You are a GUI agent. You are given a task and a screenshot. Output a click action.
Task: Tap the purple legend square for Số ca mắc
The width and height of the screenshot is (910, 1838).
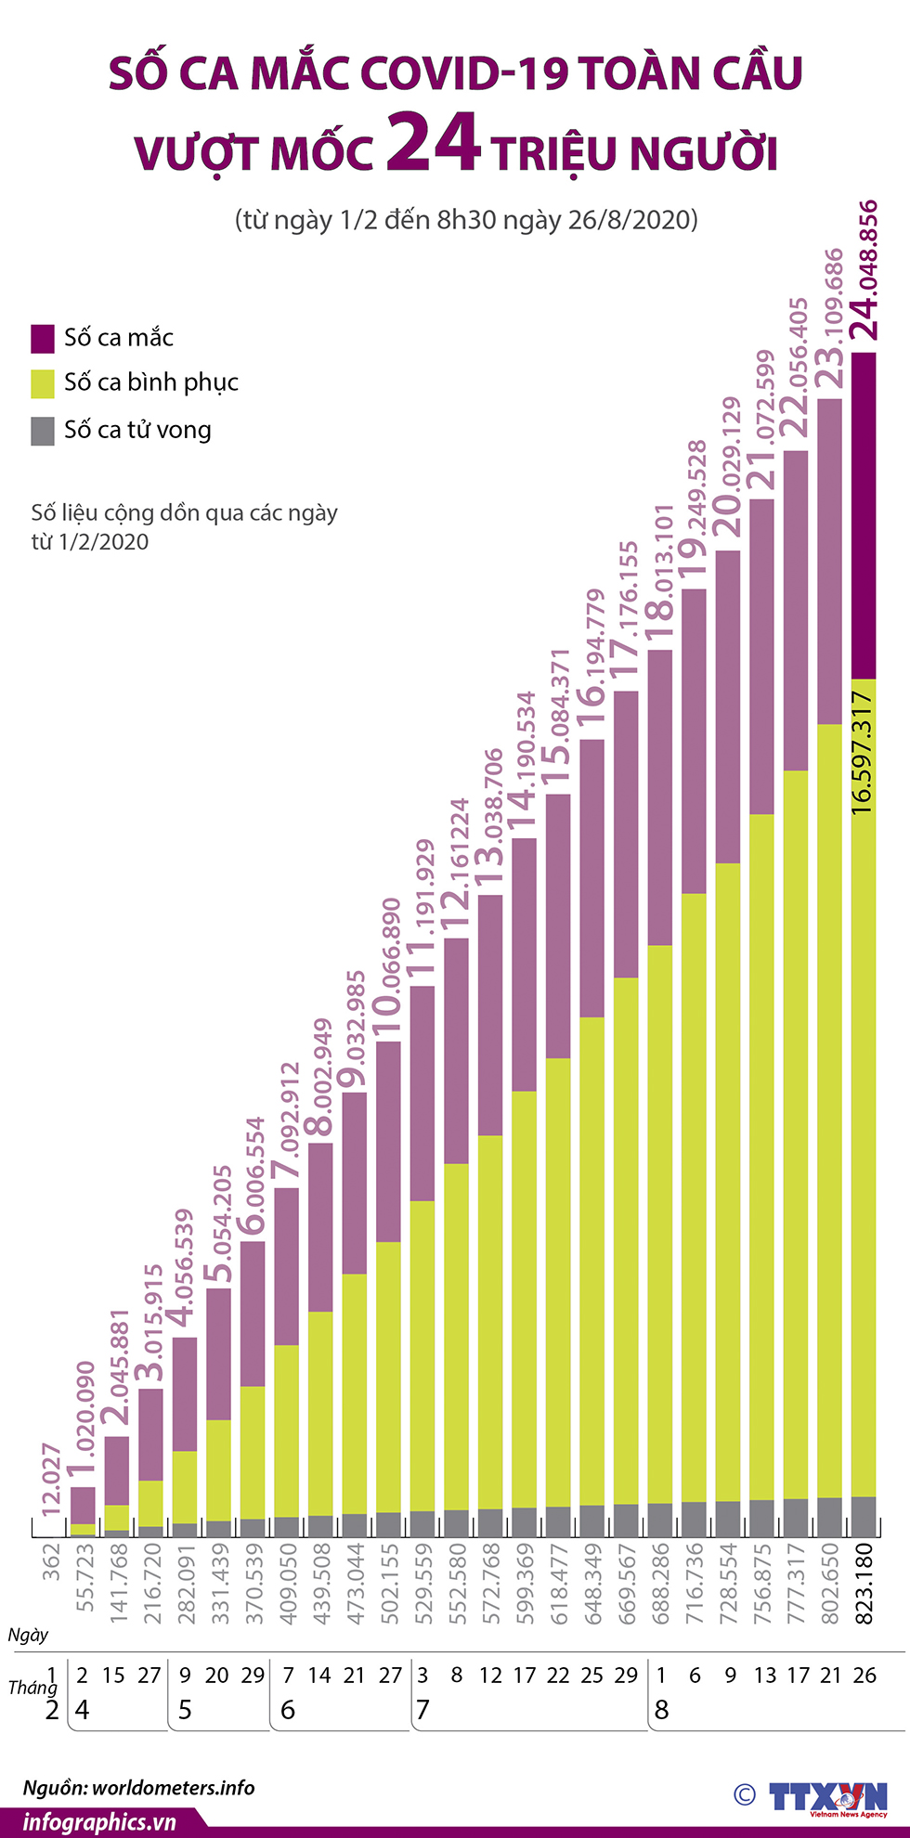pyautogui.click(x=43, y=339)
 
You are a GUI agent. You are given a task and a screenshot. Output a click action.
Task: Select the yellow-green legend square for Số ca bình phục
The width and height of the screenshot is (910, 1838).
pyautogui.click(x=43, y=383)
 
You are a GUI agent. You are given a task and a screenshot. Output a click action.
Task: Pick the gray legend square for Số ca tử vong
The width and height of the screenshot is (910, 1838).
pyautogui.click(x=43, y=431)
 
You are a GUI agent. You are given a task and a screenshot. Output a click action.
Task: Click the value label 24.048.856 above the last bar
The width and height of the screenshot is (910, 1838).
pyautogui.click(x=864, y=269)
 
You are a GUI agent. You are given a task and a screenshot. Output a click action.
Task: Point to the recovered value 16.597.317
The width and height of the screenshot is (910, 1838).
pyautogui.click(x=863, y=753)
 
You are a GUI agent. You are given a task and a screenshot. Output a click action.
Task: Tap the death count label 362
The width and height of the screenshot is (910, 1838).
pyautogui.click(x=52, y=1561)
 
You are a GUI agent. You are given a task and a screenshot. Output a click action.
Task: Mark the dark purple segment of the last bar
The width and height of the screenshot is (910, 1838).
pyautogui.click(x=864, y=515)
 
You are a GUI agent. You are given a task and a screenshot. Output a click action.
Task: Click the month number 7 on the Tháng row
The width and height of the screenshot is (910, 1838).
pyautogui.click(x=423, y=1710)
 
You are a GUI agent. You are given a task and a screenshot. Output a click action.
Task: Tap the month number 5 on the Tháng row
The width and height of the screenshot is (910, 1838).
pyautogui.click(x=185, y=1710)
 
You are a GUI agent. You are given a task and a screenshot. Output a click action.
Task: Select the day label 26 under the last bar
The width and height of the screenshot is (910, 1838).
pyautogui.click(x=864, y=1676)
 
